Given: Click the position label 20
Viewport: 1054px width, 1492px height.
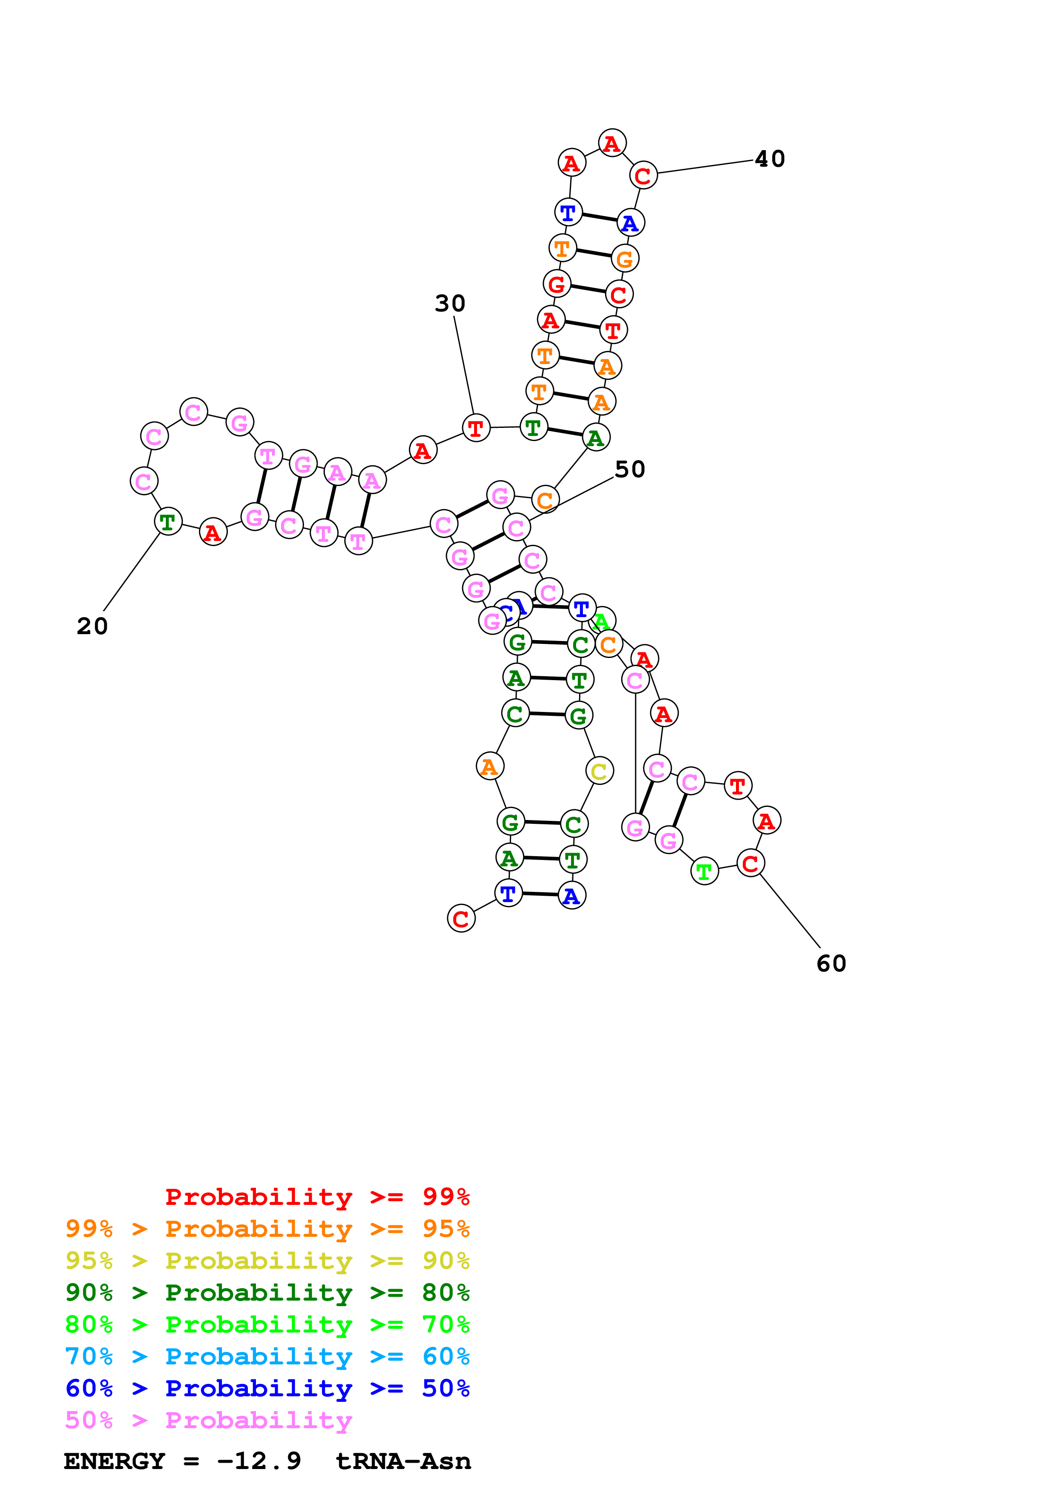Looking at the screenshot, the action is tap(92, 626).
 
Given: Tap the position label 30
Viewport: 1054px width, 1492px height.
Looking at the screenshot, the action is tap(450, 304).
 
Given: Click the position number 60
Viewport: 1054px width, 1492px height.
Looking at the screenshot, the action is tap(831, 964).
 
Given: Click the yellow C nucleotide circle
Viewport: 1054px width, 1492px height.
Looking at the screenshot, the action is tap(599, 772).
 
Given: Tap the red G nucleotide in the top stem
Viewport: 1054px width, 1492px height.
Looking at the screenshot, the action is tap(557, 284).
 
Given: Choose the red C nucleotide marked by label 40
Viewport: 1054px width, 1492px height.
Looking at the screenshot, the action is tap(643, 176).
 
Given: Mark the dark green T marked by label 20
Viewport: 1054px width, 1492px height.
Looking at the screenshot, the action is tap(168, 522).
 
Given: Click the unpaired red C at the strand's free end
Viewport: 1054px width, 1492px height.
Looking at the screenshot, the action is tap(461, 919).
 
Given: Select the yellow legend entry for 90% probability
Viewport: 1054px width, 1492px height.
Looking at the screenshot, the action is tap(267, 1261).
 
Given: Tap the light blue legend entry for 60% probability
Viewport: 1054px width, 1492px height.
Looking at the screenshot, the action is tap(267, 1356).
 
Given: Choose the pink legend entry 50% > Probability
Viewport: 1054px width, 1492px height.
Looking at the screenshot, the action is tap(208, 1421).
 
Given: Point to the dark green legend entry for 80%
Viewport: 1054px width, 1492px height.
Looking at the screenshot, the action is tap(267, 1293).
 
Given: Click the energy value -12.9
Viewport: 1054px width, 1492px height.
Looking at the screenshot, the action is tap(259, 1461).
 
